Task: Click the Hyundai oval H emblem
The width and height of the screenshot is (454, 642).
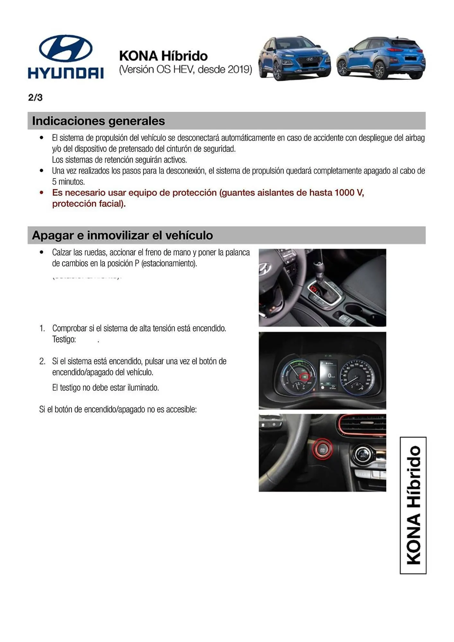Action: click(x=66, y=48)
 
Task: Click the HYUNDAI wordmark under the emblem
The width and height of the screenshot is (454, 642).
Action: click(x=66, y=73)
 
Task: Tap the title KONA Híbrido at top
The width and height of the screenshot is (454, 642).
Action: click(x=163, y=56)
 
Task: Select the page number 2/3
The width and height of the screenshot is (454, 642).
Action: click(x=35, y=98)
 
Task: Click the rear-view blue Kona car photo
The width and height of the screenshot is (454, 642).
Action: click(x=381, y=58)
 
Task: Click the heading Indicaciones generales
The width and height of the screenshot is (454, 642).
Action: click(x=98, y=121)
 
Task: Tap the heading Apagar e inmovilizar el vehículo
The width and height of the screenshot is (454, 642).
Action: click(x=122, y=235)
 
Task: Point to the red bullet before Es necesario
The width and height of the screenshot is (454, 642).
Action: click(x=41, y=193)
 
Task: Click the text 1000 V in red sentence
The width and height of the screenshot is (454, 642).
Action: click(x=349, y=193)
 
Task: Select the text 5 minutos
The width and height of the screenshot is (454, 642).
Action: click(x=68, y=182)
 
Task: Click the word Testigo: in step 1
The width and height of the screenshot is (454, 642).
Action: click(x=64, y=339)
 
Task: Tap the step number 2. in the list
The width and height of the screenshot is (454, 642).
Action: click(x=42, y=361)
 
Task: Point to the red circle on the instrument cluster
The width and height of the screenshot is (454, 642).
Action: click(x=304, y=377)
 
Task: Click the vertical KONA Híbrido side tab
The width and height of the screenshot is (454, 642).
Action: click(x=413, y=505)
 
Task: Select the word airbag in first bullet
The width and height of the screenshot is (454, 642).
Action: click(x=415, y=138)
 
